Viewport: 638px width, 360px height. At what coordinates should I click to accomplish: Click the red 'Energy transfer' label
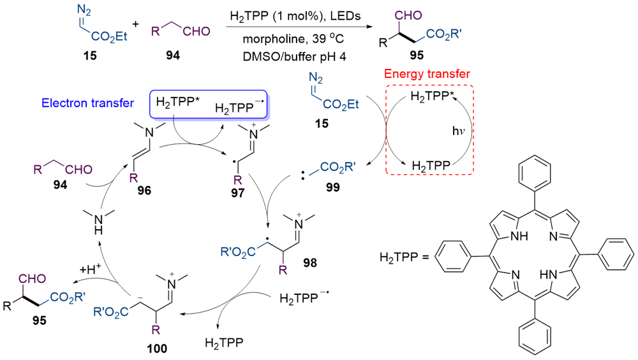click(427, 75)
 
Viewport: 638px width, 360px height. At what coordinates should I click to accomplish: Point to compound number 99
click(332, 188)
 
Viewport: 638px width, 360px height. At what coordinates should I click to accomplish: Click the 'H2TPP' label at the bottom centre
click(222, 343)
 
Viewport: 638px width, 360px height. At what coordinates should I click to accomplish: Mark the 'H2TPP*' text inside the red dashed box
click(431, 98)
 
